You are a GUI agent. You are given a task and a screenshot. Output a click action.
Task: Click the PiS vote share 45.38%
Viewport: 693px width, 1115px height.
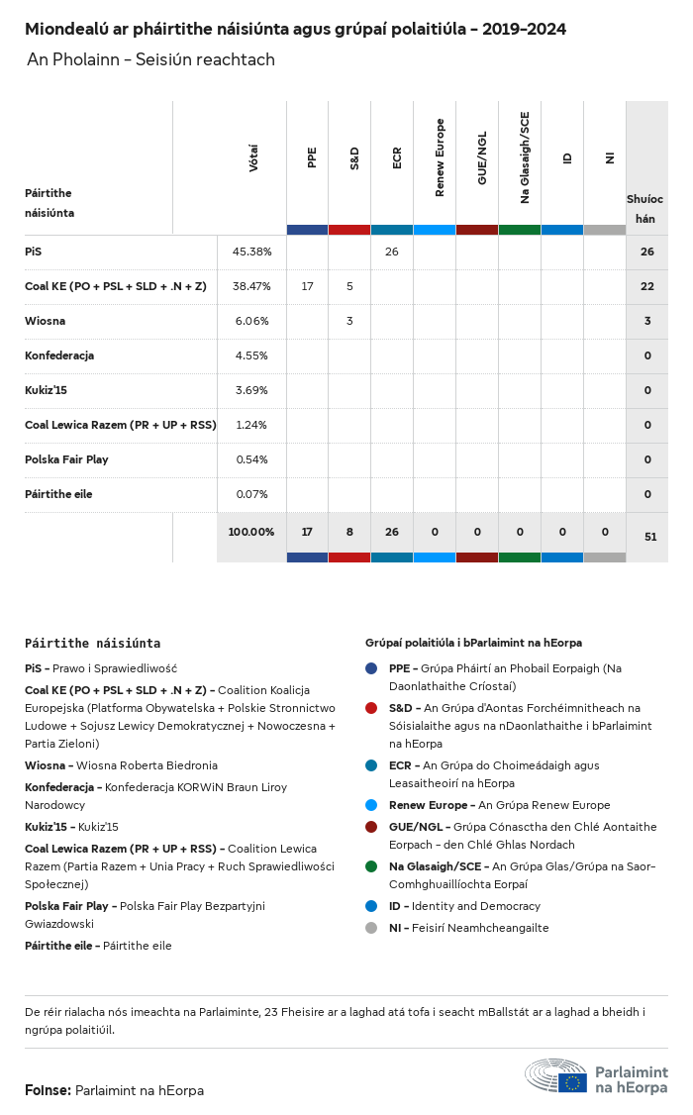coord(251,252)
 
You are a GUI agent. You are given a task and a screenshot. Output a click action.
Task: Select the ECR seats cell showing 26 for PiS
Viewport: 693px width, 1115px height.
coord(392,252)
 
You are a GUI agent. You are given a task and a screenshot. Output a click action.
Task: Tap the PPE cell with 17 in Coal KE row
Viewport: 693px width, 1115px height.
coord(307,286)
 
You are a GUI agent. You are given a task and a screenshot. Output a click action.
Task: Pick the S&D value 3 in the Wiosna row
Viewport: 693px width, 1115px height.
coord(349,321)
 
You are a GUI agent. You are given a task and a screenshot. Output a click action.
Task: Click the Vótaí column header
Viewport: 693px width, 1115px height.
coord(253,158)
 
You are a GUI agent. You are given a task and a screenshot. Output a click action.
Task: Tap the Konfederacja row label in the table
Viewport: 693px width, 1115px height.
coord(59,355)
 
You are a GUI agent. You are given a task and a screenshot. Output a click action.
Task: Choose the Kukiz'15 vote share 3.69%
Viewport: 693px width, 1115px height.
coord(251,390)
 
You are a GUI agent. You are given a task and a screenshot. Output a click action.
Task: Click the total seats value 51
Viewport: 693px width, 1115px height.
coord(650,537)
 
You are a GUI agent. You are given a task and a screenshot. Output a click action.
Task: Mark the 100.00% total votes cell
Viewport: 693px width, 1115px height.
coord(251,532)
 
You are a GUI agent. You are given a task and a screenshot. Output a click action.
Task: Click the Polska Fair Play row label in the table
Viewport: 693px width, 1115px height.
coord(66,459)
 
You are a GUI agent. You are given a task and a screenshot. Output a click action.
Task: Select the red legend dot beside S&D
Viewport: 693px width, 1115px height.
coord(371,708)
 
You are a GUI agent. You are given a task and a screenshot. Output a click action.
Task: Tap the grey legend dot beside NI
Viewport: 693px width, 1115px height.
coord(371,928)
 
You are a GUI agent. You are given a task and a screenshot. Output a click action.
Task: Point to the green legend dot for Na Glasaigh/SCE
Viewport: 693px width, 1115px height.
coord(371,866)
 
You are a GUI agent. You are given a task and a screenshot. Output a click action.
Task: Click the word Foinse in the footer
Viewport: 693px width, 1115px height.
coord(47,1090)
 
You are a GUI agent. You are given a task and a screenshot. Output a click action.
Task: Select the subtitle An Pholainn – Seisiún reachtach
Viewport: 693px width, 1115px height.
coord(150,60)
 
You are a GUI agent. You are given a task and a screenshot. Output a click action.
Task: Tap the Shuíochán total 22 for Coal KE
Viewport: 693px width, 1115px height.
coord(647,286)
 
